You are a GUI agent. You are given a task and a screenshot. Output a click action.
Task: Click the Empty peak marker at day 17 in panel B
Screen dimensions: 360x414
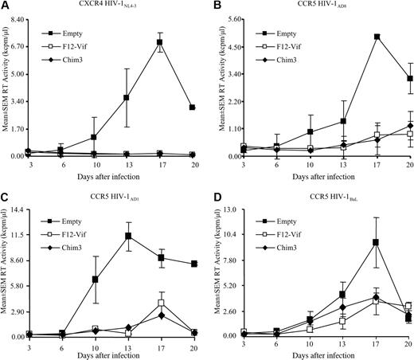pyautogui.click(x=376, y=37)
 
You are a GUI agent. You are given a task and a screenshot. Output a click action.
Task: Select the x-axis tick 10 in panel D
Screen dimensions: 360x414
pyautogui.click(x=309, y=343)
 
